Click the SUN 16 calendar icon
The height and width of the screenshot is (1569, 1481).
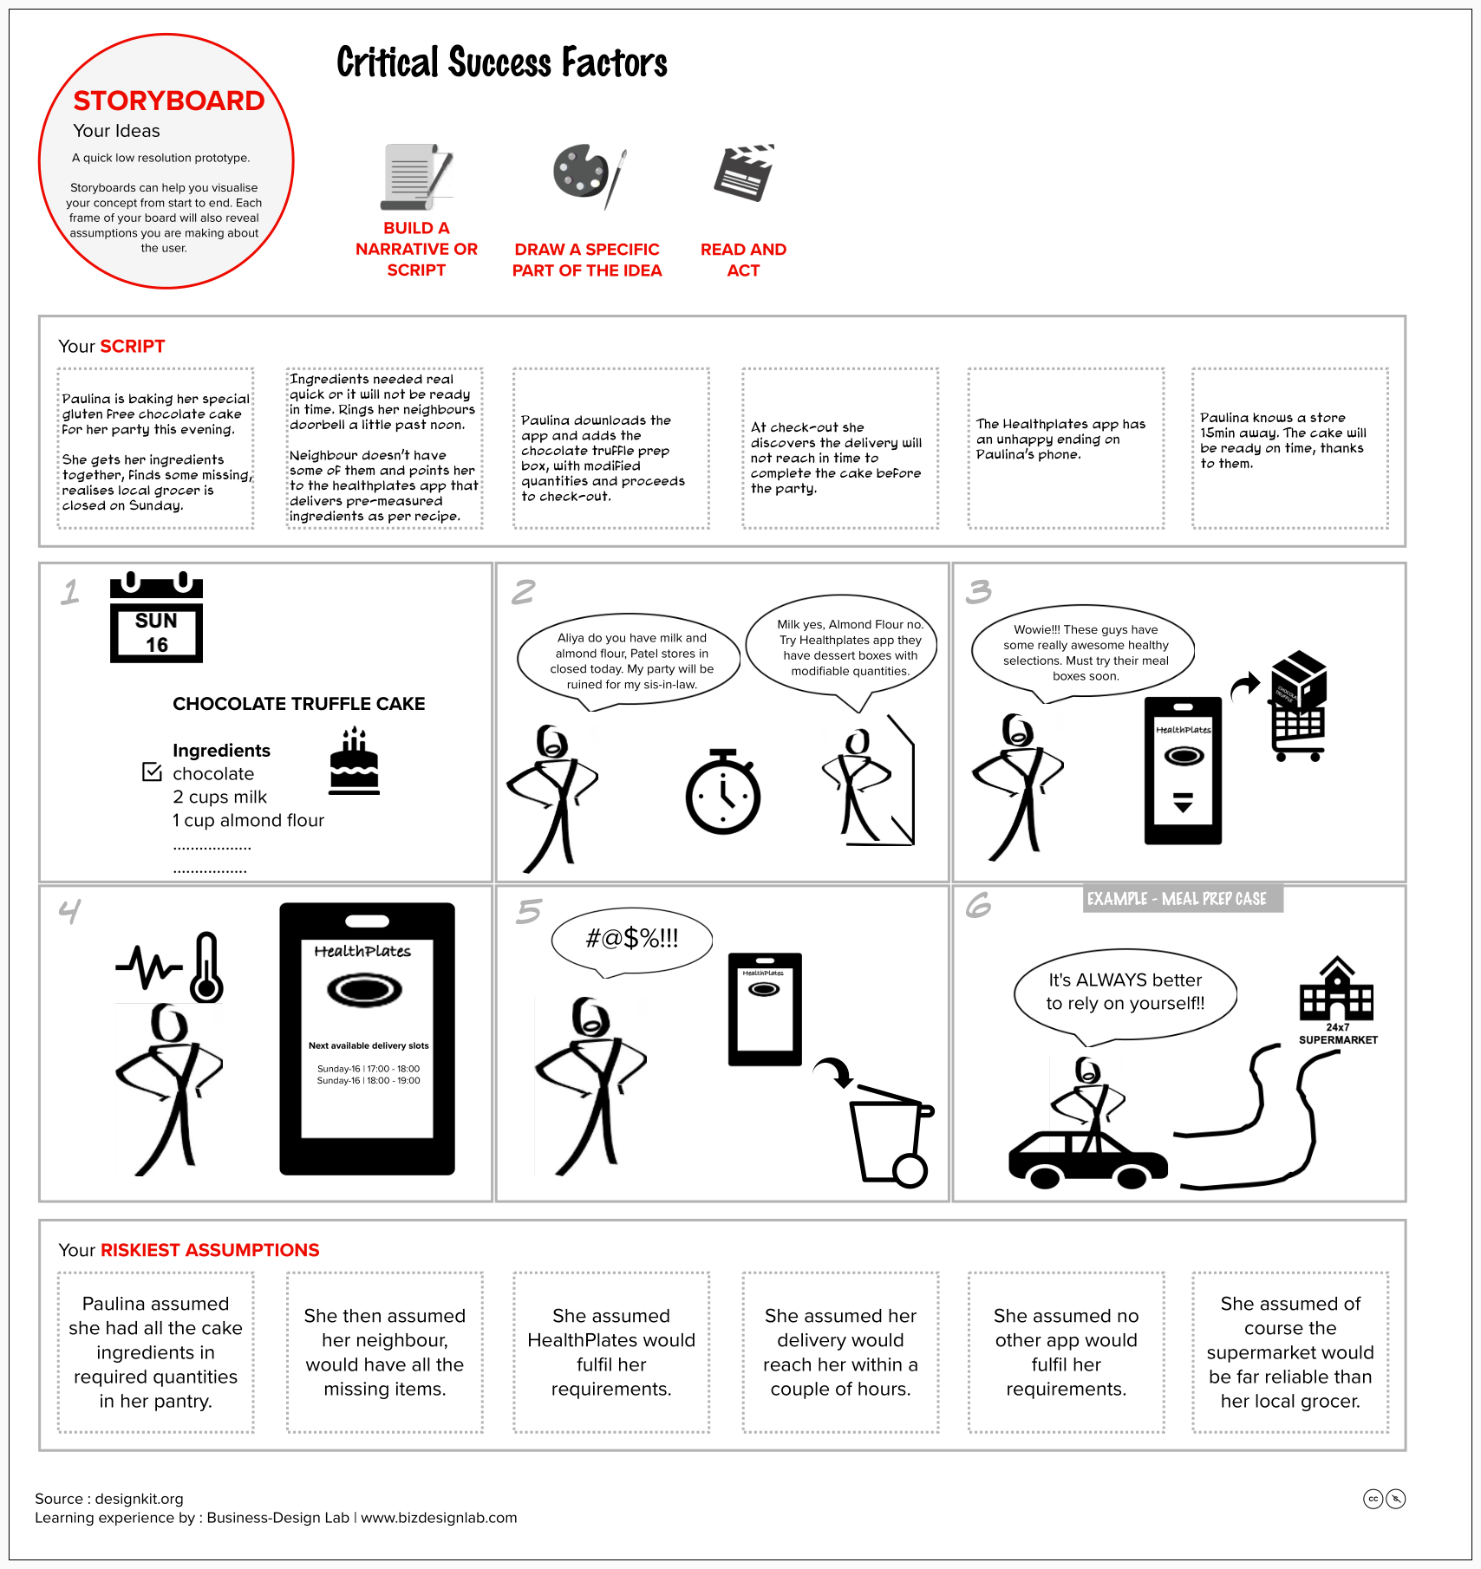(156, 618)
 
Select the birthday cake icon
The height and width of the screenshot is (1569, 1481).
(354, 762)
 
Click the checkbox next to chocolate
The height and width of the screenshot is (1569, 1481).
(152, 771)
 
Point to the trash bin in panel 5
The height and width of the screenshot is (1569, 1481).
(890, 1136)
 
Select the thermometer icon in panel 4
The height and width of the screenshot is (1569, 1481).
(206, 967)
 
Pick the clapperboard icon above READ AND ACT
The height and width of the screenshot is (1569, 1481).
(743, 173)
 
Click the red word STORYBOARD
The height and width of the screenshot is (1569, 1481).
(168, 101)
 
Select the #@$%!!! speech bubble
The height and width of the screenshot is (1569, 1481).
(631, 939)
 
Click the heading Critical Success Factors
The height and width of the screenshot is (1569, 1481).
(502, 62)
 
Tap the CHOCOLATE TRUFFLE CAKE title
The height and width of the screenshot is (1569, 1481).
(298, 704)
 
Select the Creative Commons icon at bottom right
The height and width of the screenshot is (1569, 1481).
(1373, 1499)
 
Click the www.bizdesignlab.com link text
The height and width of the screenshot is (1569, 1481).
(439, 1518)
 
